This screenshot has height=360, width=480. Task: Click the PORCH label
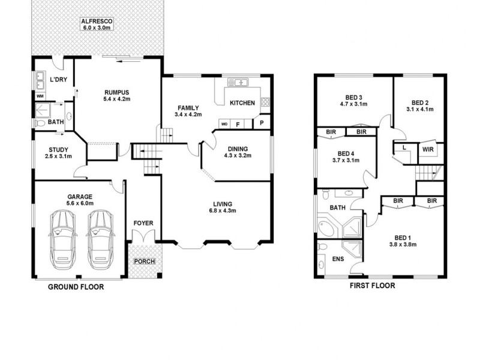tap(143, 262)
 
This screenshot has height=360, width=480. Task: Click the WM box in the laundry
tap(40, 96)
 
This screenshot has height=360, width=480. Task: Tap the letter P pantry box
tap(262, 123)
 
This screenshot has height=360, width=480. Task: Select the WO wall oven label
tap(224, 124)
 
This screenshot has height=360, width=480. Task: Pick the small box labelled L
tap(404, 147)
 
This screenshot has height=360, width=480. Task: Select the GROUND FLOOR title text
tap(76, 287)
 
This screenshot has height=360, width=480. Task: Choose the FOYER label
tap(143, 223)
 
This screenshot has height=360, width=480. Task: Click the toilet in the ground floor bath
tap(40, 122)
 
